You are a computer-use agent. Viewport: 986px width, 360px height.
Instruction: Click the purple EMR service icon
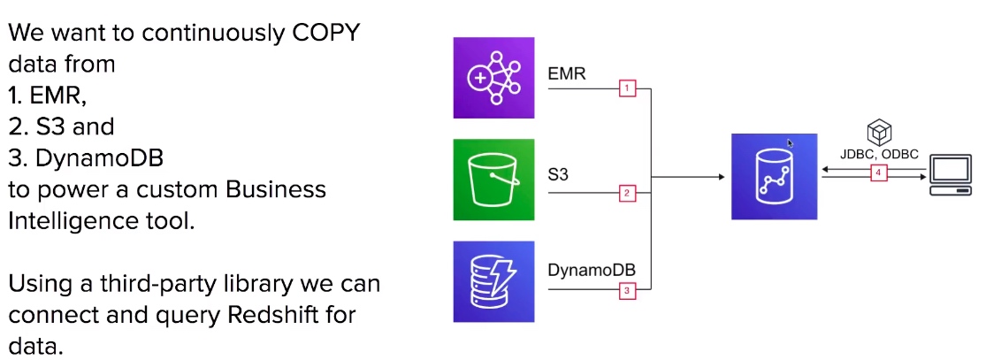[x=493, y=78]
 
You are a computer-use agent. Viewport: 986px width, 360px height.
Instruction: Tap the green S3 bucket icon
[x=493, y=180]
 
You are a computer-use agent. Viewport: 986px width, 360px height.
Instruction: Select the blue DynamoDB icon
[x=493, y=281]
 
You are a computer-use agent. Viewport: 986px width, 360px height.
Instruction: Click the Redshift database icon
[x=774, y=176]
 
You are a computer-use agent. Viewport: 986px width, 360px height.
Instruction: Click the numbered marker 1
[x=627, y=88]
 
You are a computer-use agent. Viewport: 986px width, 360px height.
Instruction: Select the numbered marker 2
[x=627, y=193]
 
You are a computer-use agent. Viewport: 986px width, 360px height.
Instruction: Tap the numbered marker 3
[x=627, y=291]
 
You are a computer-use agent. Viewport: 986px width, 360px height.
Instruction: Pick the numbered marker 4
[x=878, y=173]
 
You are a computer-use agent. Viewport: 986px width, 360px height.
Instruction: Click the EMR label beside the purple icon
[x=567, y=73]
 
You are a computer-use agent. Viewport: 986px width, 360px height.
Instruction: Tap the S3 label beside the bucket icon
[x=558, y=173]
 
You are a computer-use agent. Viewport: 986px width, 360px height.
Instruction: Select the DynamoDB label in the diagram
[x=592, y=270]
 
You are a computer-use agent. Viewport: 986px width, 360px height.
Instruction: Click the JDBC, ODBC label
[x=879, y=154]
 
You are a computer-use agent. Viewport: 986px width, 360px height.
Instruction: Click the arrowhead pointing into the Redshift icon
[x=722, y=177]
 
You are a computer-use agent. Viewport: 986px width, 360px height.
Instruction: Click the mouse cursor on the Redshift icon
[x=791, y=143]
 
